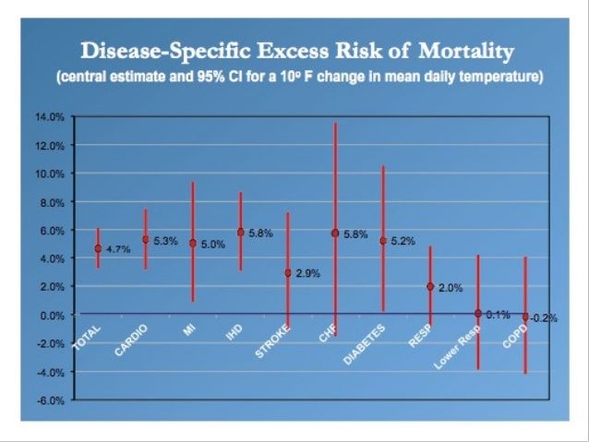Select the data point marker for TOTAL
tap(98, 248)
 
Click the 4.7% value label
tap(117, 249)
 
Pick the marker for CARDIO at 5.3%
tap(145, 240)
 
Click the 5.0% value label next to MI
tap(212, 244)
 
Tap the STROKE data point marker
tap(288, 273)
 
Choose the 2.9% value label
tap(308, 274)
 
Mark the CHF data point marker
tap(335, 233)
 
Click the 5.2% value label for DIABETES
tap(403, 242)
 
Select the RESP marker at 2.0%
tap(430, 286)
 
